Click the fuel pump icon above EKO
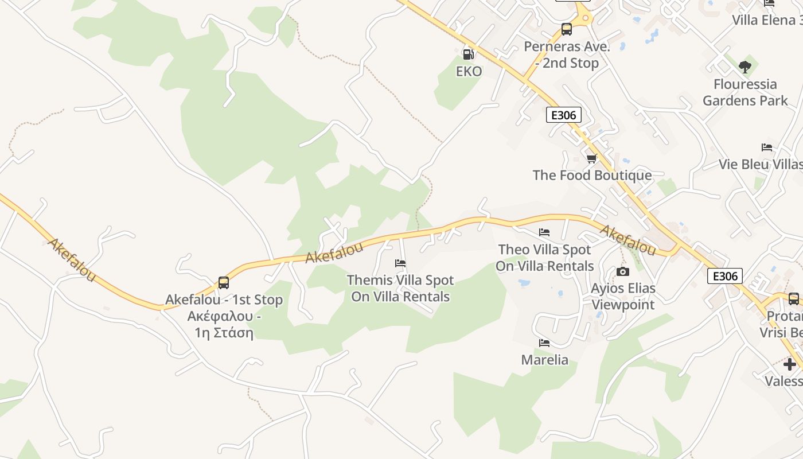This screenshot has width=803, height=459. pos(468,55)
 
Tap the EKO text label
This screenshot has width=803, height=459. pos(469,71)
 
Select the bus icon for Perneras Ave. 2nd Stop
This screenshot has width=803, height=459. pos(567,29)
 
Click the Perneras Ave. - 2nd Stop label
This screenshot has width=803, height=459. pos(567,55)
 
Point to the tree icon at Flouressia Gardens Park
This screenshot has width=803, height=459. pos(745,67)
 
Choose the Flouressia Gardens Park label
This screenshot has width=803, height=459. pos(745,92)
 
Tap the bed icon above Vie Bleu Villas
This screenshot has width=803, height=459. pos(767,147)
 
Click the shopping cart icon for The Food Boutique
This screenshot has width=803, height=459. pos(592,158)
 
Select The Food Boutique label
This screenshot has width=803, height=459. pos(592,175)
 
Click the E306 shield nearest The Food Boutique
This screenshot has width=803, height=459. pos(563,115)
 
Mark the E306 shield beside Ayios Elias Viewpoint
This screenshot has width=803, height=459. pos(725,276)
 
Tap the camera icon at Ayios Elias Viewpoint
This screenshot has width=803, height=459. pos(623,271)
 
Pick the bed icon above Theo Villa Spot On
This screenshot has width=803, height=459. pos(544,232)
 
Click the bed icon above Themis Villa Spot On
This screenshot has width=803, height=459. pos(400,263)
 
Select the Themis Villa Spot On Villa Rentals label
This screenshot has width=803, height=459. pos(400,288)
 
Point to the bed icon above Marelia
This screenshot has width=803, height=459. pos(544,343)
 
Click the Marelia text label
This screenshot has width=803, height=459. pos(545,360)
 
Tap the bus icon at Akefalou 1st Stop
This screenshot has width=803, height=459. pos(224,283)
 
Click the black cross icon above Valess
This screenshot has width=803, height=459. pos(790,364)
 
